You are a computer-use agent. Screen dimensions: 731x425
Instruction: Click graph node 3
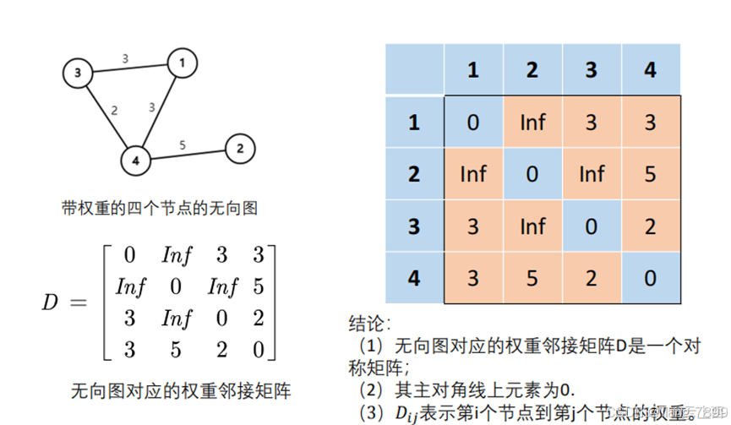77,74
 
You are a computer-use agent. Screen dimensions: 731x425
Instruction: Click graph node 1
182,62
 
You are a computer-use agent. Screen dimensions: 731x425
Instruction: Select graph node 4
134,158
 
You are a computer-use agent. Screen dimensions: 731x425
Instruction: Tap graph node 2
240,150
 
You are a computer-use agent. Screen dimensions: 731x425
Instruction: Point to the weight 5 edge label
183,144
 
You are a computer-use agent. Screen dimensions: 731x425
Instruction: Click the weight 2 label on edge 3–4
114,109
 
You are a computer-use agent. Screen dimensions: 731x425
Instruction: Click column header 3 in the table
591,70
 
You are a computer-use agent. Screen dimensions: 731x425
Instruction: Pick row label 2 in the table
414,175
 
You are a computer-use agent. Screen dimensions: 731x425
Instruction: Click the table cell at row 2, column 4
650,175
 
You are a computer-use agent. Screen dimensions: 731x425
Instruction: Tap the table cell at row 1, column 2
532,123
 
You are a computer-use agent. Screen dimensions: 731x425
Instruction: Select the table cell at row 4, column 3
591,278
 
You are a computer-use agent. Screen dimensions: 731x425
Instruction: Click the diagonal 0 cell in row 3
591,226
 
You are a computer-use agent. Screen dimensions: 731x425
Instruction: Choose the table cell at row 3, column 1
472,226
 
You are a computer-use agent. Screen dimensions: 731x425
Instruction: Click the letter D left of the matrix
49,302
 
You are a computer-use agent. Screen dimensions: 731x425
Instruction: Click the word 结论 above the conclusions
368,324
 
